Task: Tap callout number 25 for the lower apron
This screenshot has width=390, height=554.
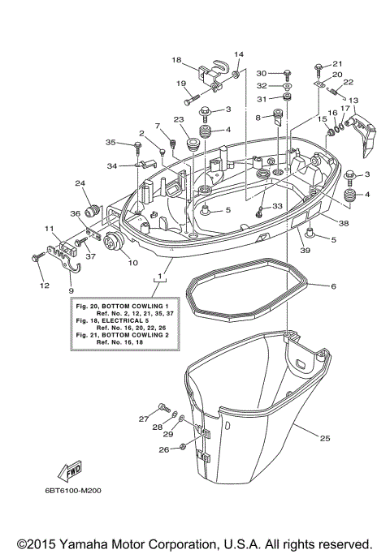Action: [324, 439]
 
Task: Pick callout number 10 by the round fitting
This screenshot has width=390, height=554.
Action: [133, 263]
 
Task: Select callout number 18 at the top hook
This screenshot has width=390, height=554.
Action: [176, 60]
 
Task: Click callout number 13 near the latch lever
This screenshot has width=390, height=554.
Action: [352, 101]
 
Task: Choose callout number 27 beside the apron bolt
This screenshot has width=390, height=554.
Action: [142, 419]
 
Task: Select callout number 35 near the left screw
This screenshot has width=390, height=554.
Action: [110, 143]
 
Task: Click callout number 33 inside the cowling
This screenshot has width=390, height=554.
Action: [277, 206]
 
